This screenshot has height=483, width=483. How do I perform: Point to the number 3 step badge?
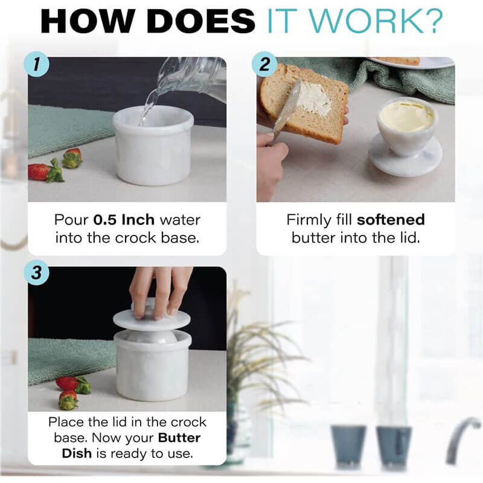click(37, 273)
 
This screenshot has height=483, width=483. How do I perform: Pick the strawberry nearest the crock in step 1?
click(72, 158)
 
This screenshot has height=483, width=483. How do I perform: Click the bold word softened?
click(390, 220)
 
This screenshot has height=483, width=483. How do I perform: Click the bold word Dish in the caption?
click(76, 452)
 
